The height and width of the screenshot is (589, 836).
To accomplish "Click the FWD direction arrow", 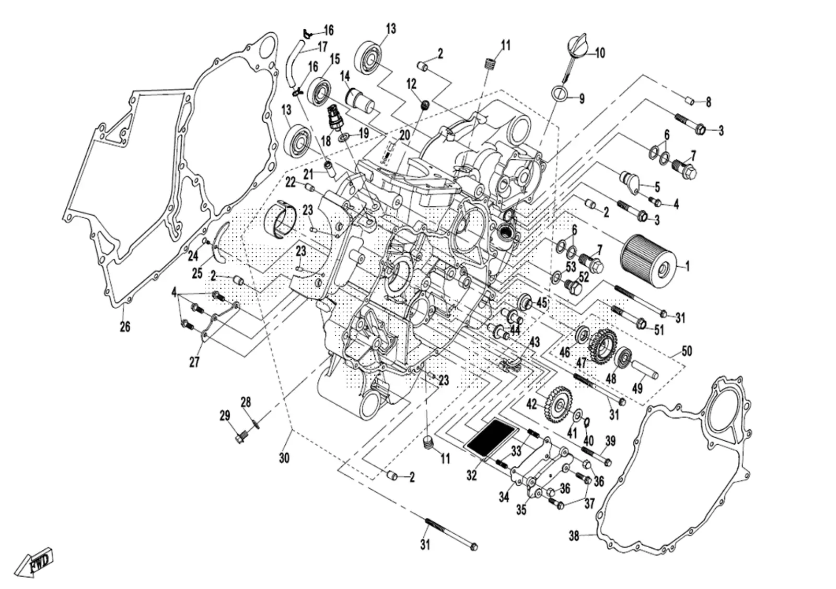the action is (x=36, y=561).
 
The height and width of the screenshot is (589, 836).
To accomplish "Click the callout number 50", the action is (x=687, y=351).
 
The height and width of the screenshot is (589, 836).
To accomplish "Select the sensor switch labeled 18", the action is (x=334, y=117).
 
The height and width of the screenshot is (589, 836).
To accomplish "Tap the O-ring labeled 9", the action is (x=559, y=92).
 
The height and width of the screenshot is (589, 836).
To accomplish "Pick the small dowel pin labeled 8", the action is (x=690, y=101).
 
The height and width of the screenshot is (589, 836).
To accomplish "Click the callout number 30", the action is (x=284, y=457).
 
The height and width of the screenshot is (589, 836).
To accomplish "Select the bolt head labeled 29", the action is (x=241, y=436).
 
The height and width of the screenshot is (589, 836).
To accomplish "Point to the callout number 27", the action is (x=194, y=361).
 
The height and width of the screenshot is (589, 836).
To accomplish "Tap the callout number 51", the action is (x=659, y=329).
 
